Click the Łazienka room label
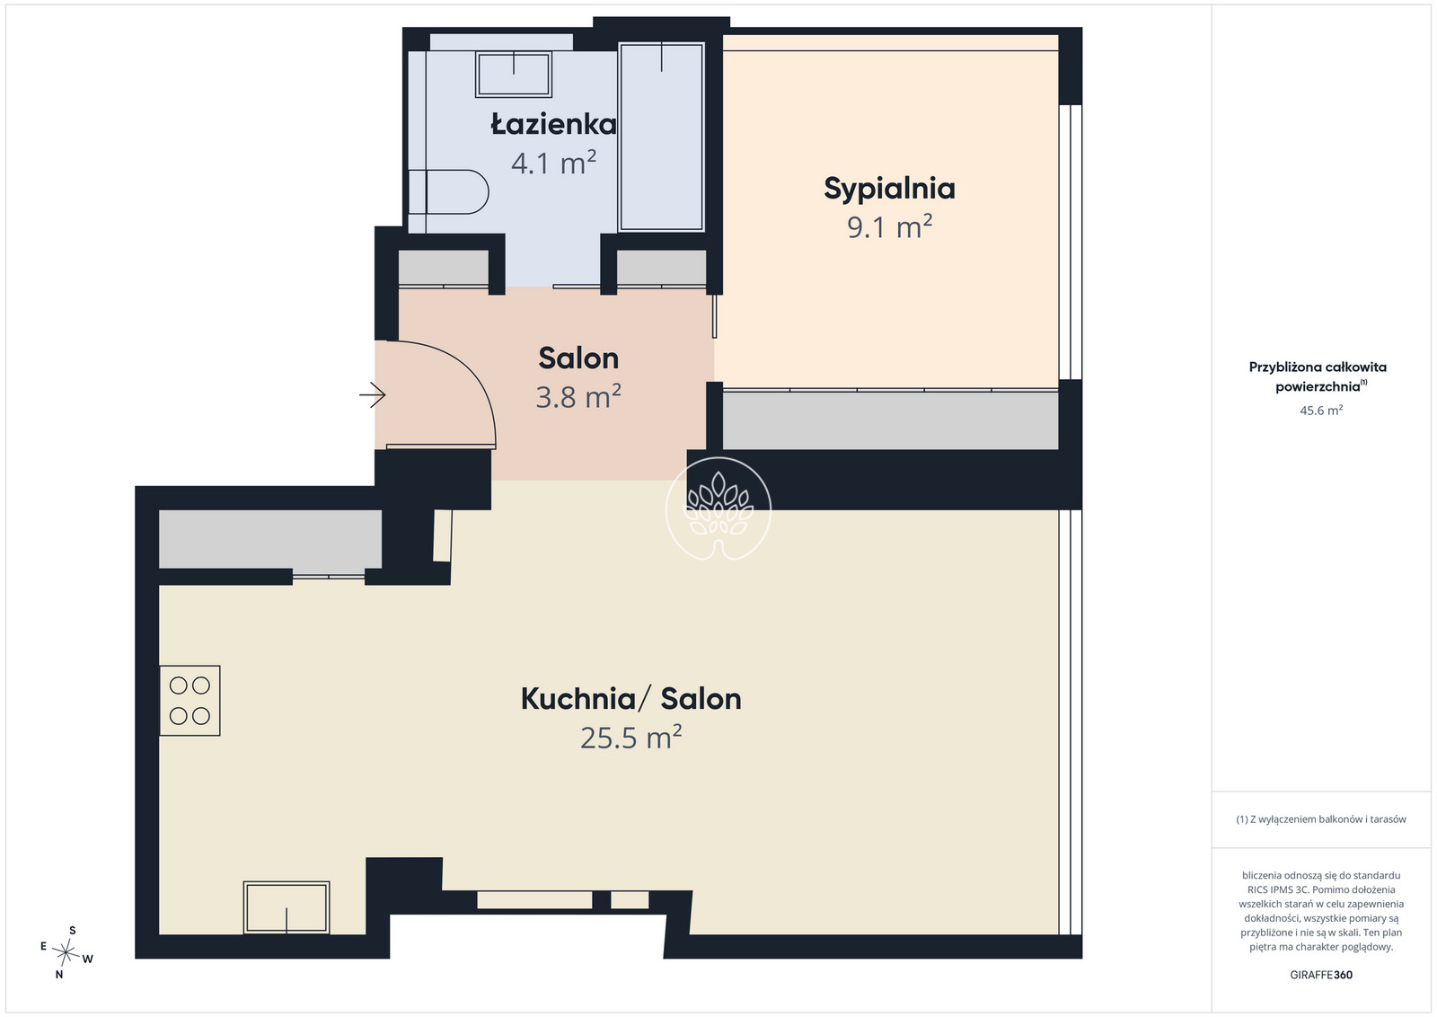coord(553,124)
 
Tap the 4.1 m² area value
coord(553,163)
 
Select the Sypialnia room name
coord(889,189)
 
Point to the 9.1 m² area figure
coord(889,226)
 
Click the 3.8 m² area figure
coord(578,396)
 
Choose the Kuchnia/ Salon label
coord(630,699)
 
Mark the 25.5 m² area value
coord(630,738)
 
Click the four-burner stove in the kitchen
coord(190,701)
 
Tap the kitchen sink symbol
coord(287,907)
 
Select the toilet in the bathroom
coord(448,191)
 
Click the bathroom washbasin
coord(513,74)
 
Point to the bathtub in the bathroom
coord(661,137)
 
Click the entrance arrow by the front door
coord(373,394)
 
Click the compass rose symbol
coord(66,952)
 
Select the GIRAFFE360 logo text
coord(1321,975)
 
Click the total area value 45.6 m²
coord(1321,410)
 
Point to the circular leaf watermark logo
coord(718,509)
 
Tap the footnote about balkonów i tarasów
coord(1321,818)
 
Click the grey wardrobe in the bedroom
coord(890,421)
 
